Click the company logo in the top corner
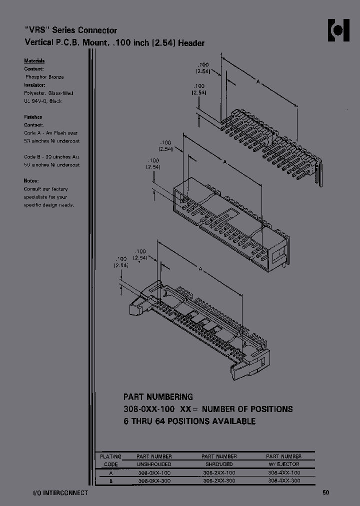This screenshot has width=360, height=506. (x=338, y=30)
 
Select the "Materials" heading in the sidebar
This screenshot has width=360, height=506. (x=34, y=60)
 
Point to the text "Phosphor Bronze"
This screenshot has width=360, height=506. (x=44, y=77)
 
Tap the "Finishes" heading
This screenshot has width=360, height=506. (x=33, y=117)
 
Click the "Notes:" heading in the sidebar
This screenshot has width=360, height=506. (x=31, y=181)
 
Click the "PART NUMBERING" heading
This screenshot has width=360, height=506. (x=158, y=397)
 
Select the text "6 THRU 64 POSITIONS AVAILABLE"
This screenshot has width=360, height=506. (x=189, y=421)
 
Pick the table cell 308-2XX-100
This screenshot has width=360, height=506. (x=219, y=472)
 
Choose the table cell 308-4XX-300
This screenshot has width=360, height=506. (x=284, y=480)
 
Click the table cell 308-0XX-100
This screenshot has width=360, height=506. (x=154, y=472)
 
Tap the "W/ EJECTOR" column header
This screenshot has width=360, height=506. (x=284, y=464)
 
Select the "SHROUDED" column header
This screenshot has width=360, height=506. (x=219, y=464)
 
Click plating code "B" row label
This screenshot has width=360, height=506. (x=110, y=480)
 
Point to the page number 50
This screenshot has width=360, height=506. (x=325, y=493)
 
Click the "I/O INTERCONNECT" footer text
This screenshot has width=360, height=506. (x=56, y=493)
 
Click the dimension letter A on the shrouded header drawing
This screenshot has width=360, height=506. (x=225, y=162)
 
